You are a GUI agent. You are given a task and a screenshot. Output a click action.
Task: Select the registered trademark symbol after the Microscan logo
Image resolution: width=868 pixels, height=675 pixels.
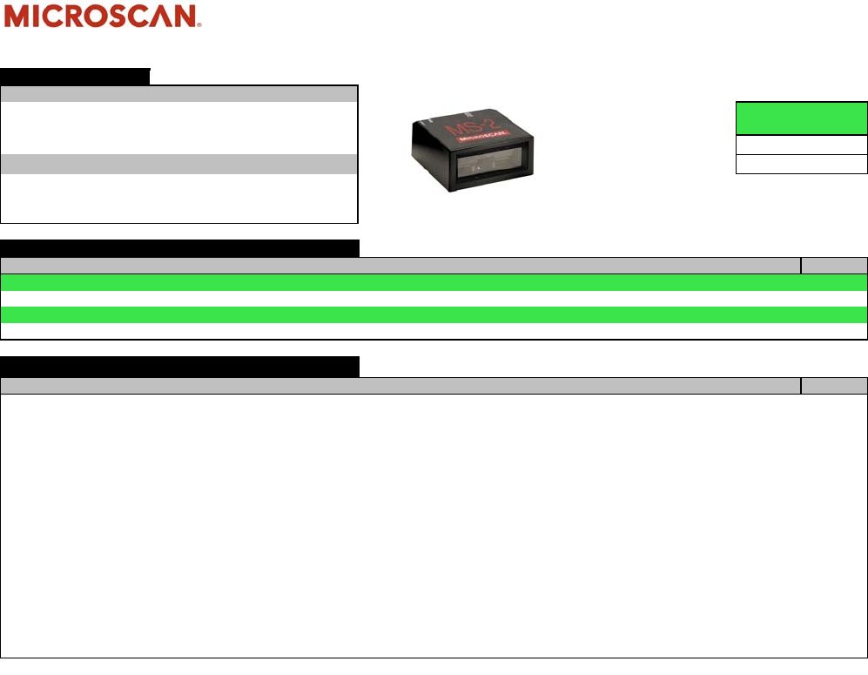201,25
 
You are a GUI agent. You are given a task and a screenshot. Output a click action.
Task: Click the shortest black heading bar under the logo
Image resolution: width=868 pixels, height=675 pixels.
75,76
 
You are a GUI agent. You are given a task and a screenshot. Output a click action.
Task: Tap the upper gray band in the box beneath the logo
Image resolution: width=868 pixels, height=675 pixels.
179,94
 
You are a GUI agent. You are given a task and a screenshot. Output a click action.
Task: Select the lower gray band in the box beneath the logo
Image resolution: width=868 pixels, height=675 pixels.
179,164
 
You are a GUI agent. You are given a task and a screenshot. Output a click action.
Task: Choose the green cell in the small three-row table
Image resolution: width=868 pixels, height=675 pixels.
802,118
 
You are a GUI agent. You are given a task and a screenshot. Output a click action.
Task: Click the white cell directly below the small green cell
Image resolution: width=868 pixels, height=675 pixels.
802,145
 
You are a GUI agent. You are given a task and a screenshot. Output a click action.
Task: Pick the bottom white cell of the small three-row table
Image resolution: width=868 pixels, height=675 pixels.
802,164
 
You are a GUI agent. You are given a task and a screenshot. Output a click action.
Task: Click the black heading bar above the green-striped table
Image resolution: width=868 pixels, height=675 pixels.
179,248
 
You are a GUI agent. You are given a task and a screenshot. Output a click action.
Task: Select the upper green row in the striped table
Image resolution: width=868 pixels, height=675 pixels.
434,282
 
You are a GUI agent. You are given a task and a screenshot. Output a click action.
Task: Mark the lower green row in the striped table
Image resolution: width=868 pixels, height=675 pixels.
434,314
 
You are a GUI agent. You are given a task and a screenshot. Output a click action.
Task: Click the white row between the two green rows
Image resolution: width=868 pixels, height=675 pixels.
434,299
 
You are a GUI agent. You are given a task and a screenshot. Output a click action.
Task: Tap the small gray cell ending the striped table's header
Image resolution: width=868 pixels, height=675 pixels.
834,266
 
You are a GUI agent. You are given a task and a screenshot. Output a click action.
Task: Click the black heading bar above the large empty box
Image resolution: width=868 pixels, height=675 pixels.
179,367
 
